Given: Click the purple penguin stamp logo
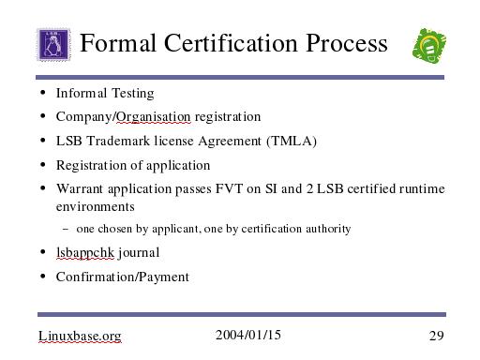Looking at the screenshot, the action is (53, 45).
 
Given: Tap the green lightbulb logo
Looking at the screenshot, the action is (429, 46).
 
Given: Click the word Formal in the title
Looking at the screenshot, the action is (118, 43).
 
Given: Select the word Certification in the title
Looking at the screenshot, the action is (231, 43).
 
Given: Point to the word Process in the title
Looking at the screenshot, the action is (347, 43).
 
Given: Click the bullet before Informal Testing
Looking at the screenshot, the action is (43, 93).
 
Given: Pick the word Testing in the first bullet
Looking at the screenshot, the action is (133, 94).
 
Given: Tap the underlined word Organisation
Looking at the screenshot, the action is (154, 117).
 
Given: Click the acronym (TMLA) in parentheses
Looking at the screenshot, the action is (292, 142).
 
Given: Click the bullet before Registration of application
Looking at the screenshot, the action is (43, 164).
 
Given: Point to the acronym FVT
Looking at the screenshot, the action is (229, 188).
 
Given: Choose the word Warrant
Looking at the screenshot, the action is (80, 188).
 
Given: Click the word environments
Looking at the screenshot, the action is (96, 207).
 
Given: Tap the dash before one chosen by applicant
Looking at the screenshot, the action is (66, 229).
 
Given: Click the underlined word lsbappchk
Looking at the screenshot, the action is (85, 253).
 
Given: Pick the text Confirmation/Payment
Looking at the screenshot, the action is (123, 277).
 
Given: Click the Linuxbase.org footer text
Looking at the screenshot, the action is (80, 337).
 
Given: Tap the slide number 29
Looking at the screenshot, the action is (436, 336).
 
